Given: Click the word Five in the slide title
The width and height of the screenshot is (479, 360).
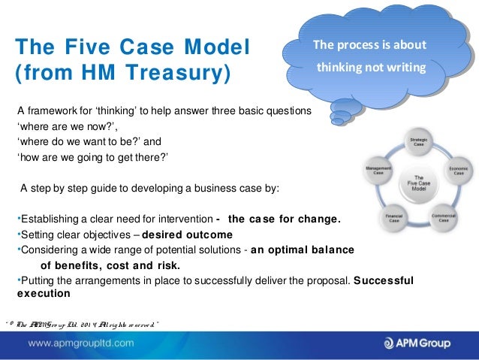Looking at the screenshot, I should pyautogui.click(x=89, y=47).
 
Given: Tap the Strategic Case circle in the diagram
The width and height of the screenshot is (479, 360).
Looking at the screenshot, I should pyautogui.click(x=417, y=142).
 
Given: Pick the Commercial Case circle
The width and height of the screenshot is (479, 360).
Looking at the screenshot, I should pyautogui.click(x=443, y=217).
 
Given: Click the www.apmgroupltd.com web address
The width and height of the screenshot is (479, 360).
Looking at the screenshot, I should pyautogui.click(x=82, y=343).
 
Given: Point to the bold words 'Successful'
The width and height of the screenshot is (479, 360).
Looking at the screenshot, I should pyautogui.click(x=383, y=280).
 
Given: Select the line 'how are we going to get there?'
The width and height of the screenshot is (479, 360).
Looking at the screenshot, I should pyautogui.click(x=92, y=156).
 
